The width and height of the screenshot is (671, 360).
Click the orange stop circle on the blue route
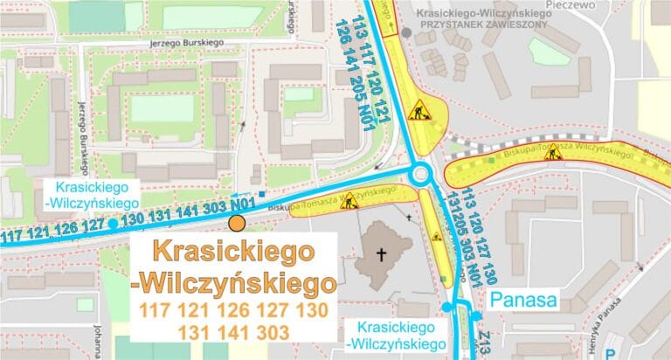[x=237, y=224]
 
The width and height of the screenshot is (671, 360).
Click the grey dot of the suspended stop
[x=406, y=32]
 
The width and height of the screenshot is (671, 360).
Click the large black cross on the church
[x=380, y=255]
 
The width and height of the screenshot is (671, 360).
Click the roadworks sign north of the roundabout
[x=420, y=111]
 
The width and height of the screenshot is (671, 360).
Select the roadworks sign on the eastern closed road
[x=552, y=153]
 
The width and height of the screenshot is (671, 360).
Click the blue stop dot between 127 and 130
[x=113, y=225]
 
